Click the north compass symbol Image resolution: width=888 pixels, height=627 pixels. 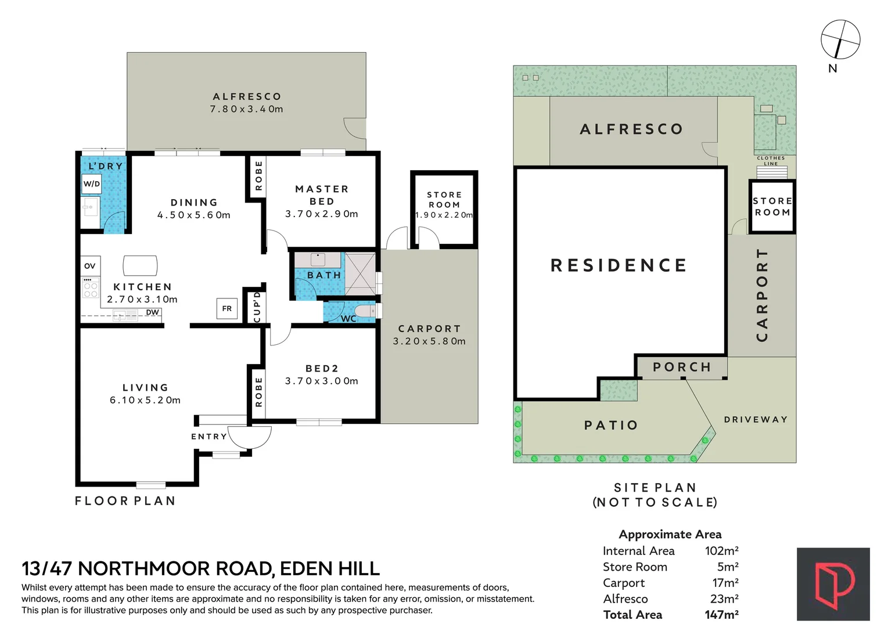click(840, 39)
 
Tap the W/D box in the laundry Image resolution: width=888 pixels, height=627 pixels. click(91, 184)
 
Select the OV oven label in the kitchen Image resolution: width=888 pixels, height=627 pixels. click(90, 266)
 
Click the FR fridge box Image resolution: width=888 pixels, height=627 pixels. click(227, 308)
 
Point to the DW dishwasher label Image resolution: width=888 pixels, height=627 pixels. click(152, 312)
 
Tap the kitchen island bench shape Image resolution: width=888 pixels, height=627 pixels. click(140, 266)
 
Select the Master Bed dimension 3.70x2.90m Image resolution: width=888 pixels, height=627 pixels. click(321, 214)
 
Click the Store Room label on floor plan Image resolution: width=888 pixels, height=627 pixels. click(444, 200)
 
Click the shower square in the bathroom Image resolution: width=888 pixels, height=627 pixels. click(360, 274)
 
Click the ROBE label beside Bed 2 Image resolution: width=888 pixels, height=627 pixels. click(259, 392)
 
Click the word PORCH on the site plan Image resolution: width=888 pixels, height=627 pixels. click(682, 367)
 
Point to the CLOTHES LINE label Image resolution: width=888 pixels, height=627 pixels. click(771, 161)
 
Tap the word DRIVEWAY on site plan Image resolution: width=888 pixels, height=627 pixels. click(756, 419)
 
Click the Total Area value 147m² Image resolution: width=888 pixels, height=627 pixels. click(721, 614)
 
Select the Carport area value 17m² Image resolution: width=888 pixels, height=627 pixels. click(726, 583)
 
